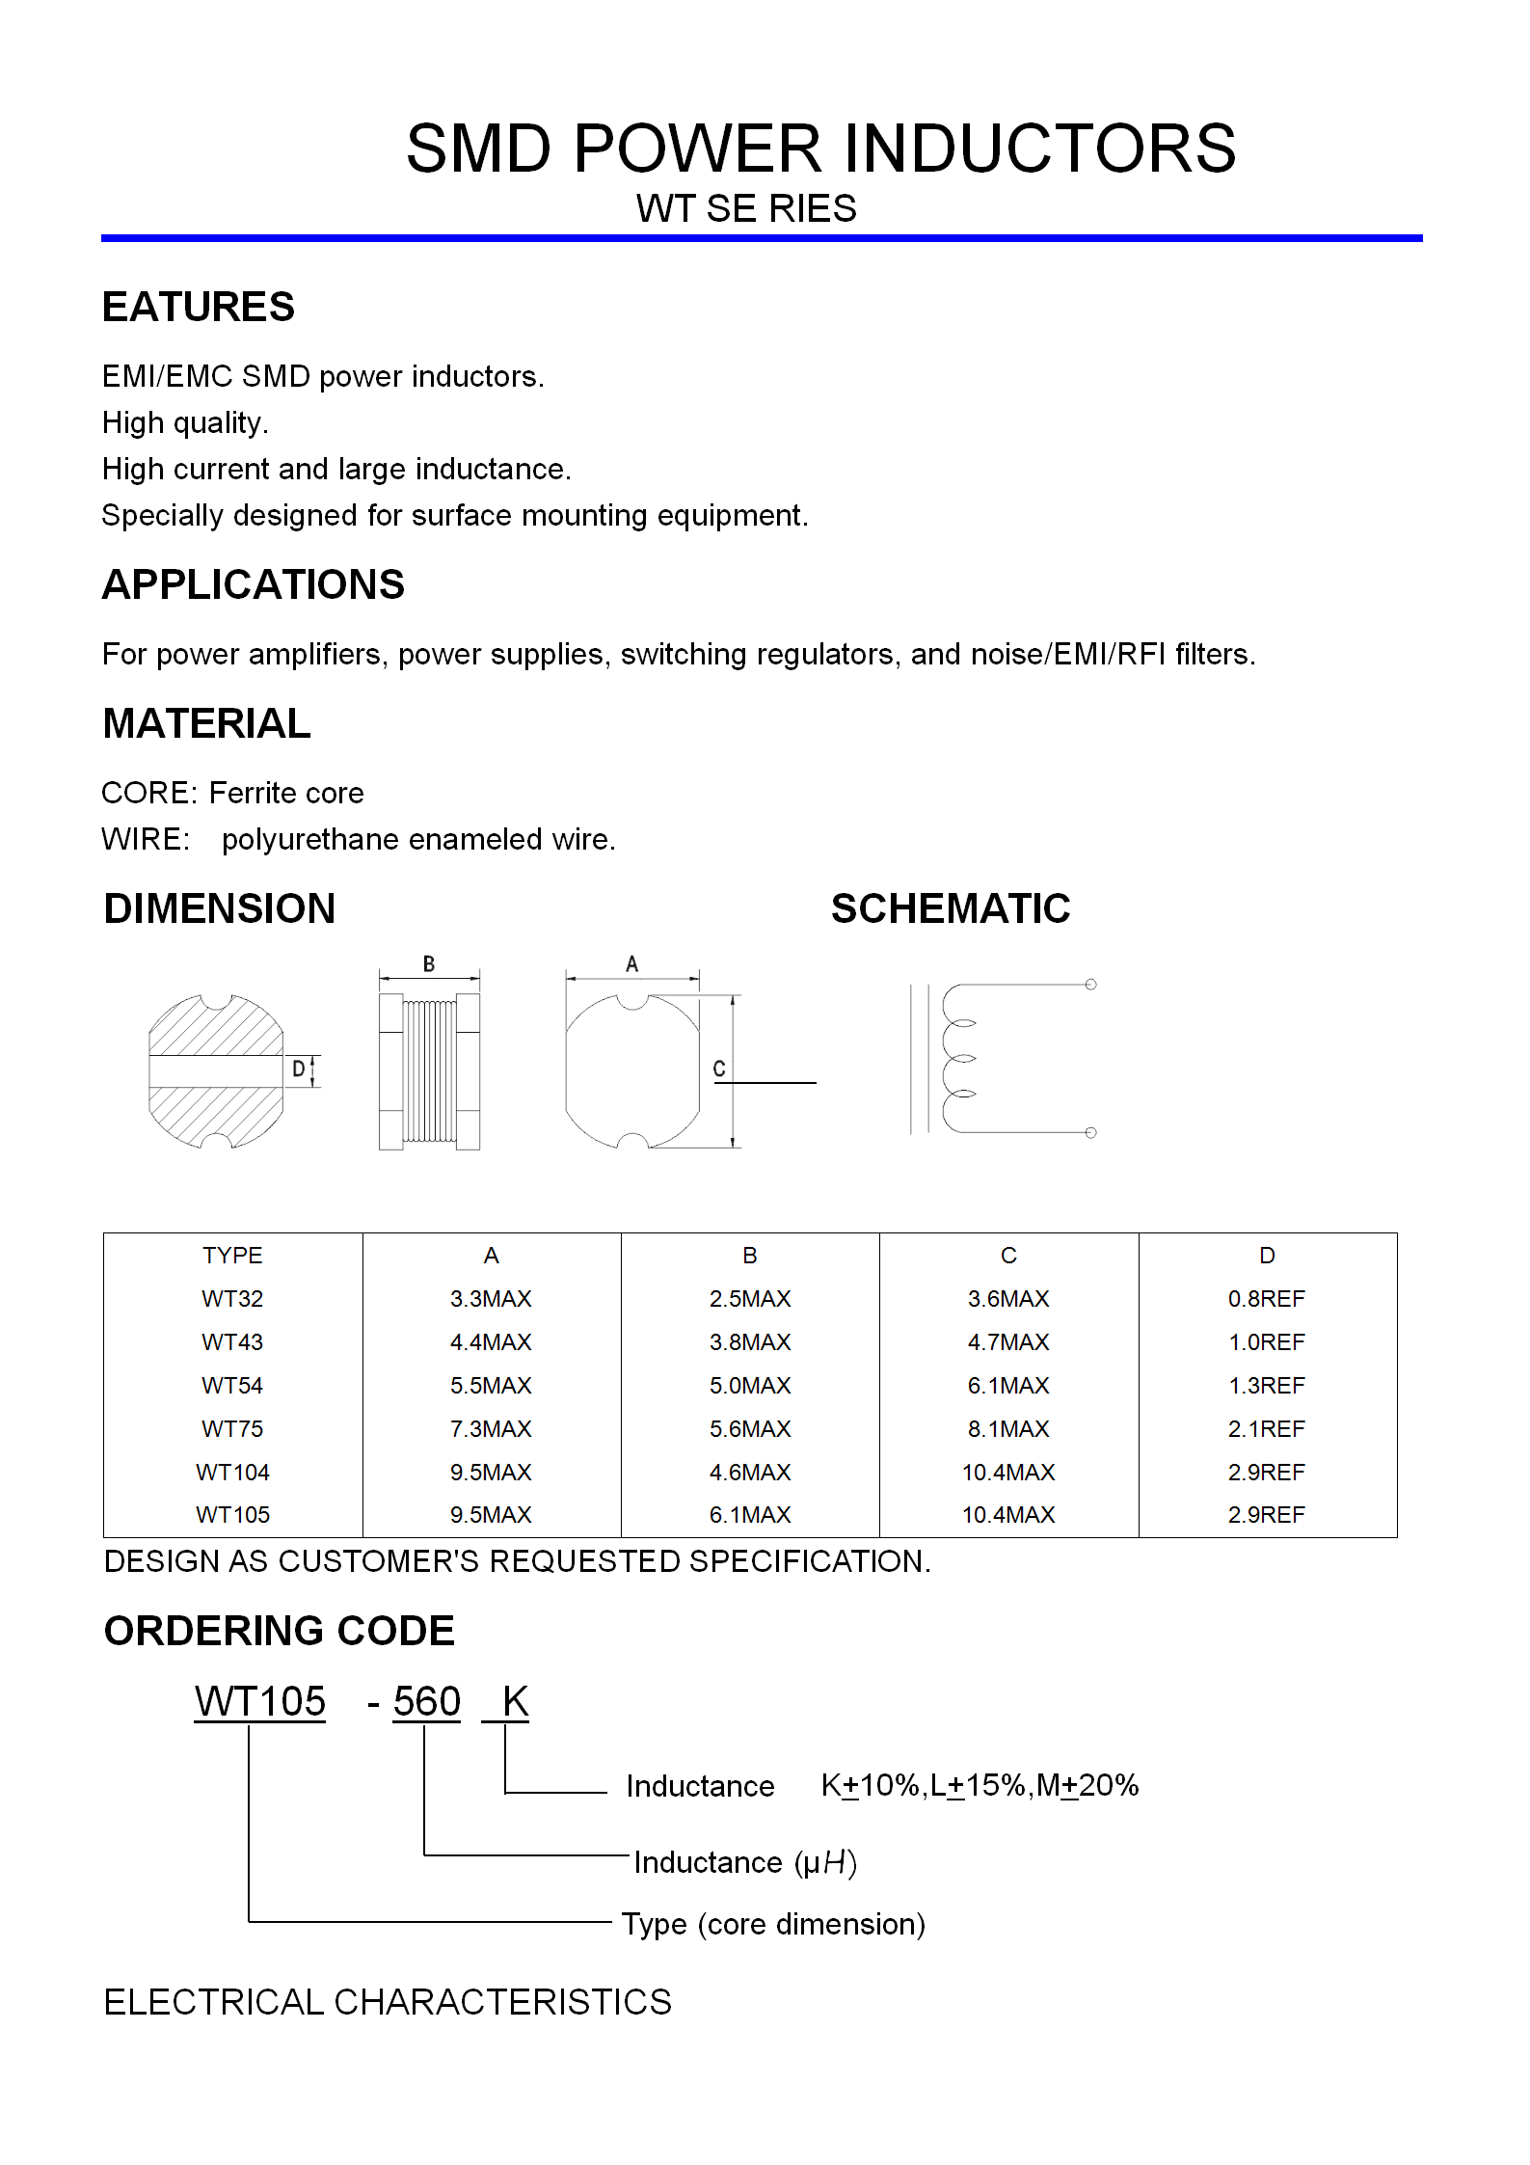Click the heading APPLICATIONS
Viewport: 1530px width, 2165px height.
[x=254, y=584]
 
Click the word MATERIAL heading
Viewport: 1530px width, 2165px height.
[x=206, y=723]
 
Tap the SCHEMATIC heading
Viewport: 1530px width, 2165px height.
[x=951, y=908]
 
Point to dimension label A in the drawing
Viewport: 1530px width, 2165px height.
[x=632, y=963]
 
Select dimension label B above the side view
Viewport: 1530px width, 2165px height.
[x=429, y=963]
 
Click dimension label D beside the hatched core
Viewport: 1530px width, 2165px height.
[x=299, y=1069]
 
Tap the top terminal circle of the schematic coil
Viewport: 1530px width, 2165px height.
[x=1090, y=985]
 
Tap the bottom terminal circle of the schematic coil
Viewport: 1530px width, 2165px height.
[x=1090, y=1132]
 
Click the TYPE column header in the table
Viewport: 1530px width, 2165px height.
[x=232, y=1255]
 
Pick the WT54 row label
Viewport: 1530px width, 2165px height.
[x=232, y=1385]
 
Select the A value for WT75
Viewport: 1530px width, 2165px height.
[x=491, y=1428]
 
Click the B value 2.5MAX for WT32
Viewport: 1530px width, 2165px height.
[x=750, y=1298]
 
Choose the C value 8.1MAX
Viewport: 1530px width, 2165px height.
[x=1008, y=1428]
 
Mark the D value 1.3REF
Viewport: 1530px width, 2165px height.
[x=1266, y=1385]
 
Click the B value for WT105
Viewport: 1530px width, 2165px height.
[x=750, y=1514]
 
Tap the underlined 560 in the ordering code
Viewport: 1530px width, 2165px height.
[x=426, y=1701]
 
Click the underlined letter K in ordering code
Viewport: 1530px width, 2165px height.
[x=515, y=1701]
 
